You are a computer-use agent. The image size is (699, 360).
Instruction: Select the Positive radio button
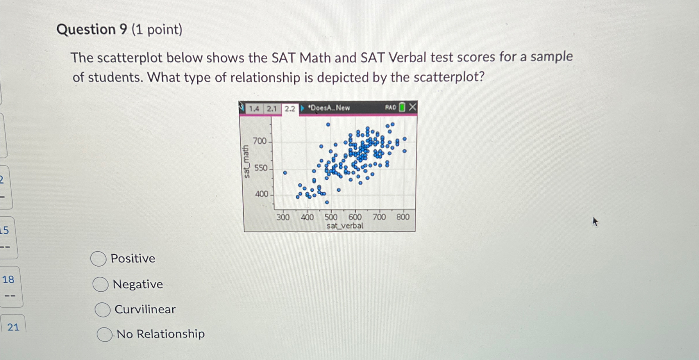coord(98,259)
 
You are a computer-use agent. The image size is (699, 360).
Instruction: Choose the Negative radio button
coord(101,284)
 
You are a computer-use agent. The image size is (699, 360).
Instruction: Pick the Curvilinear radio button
coord(103,309)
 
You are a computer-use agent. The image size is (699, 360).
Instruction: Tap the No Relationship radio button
coord(105,334)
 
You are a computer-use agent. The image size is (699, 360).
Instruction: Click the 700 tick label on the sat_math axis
coord(260,141)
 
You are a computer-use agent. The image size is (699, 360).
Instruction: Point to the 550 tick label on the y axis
coord(260,168)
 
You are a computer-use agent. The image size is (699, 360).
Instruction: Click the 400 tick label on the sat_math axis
coord(261,194)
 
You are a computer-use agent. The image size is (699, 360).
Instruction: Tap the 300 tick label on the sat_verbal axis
coord(283,217)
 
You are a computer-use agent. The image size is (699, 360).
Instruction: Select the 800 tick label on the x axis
coord(403,217)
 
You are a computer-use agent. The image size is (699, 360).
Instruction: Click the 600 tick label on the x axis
coord(355,217)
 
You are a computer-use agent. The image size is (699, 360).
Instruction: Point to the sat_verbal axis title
coord(345,226)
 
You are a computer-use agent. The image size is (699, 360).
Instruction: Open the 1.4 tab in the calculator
coord(254,109)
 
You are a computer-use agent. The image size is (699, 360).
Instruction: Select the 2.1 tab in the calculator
coord(272,109)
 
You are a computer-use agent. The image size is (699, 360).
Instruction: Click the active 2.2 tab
coord(290,109)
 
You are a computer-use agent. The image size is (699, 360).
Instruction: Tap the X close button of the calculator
coord(412,107)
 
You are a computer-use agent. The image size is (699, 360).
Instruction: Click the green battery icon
coord(402,107)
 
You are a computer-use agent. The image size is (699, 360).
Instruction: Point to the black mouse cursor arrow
coord(595,222)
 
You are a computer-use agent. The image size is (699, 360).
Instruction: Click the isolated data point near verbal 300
coord(285,173)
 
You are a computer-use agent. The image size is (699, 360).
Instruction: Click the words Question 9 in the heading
coord(92,29)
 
